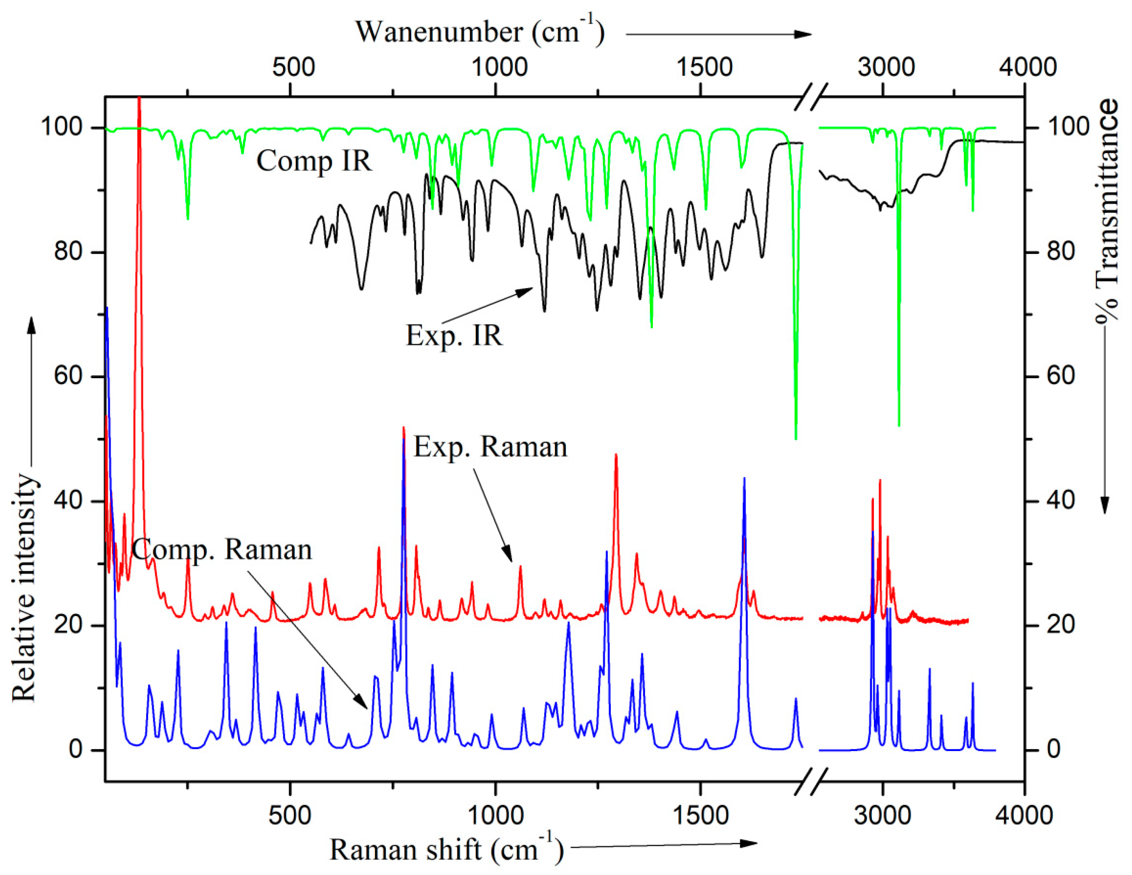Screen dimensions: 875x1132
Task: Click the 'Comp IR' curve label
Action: point(314,161)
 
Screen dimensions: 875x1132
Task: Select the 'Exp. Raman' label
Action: point(490,447)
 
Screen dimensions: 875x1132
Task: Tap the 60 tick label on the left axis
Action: point(68,376)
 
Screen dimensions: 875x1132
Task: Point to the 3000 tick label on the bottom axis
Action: point(882,815)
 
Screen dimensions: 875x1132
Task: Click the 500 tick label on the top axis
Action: point(294,67)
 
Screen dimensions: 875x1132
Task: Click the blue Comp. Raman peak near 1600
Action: point(744,480)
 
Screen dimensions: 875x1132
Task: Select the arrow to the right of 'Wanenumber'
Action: point(718,34)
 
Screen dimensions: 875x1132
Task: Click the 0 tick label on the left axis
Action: point(76,750)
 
